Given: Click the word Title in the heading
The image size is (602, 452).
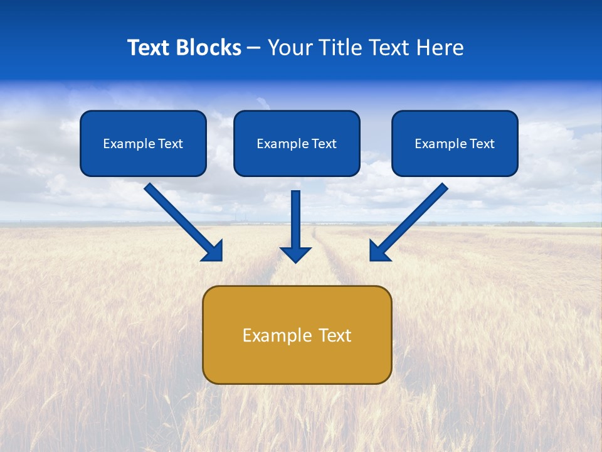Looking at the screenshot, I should point(339,47).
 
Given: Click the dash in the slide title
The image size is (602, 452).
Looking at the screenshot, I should point(254,48).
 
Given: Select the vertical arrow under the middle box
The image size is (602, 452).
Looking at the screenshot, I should point(296,220).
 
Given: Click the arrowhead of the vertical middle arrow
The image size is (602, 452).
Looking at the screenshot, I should point(296,254).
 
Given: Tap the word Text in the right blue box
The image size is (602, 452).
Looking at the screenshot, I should point(482,144).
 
